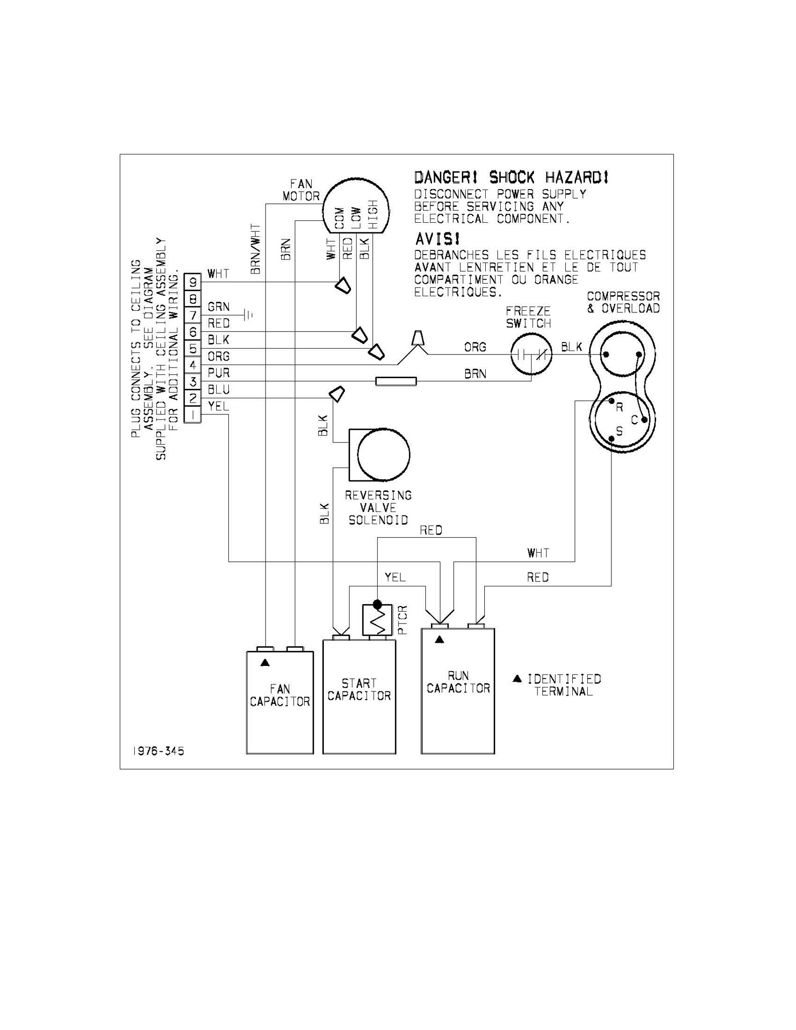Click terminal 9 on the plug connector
(x=193, y=282)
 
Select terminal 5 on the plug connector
(x=193, y=348)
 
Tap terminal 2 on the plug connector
(x=193, y=398)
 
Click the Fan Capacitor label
(x=280, y=695)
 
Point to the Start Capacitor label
(x=359, y=690)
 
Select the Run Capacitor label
(x=458, y=682)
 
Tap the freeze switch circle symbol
(x=531, y=355)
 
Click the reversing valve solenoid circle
(x=384, y=455)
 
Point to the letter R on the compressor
(x=620, y=407)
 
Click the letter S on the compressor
(x=620, y=431)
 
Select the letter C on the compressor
(x=634, y=420)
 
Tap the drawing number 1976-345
(x=158, y=751)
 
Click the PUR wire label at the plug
(x=219, y=373)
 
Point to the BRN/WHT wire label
(x=256, y=249)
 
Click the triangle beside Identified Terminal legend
(x=517, y=679)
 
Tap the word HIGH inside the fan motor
(x=373, y=214)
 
